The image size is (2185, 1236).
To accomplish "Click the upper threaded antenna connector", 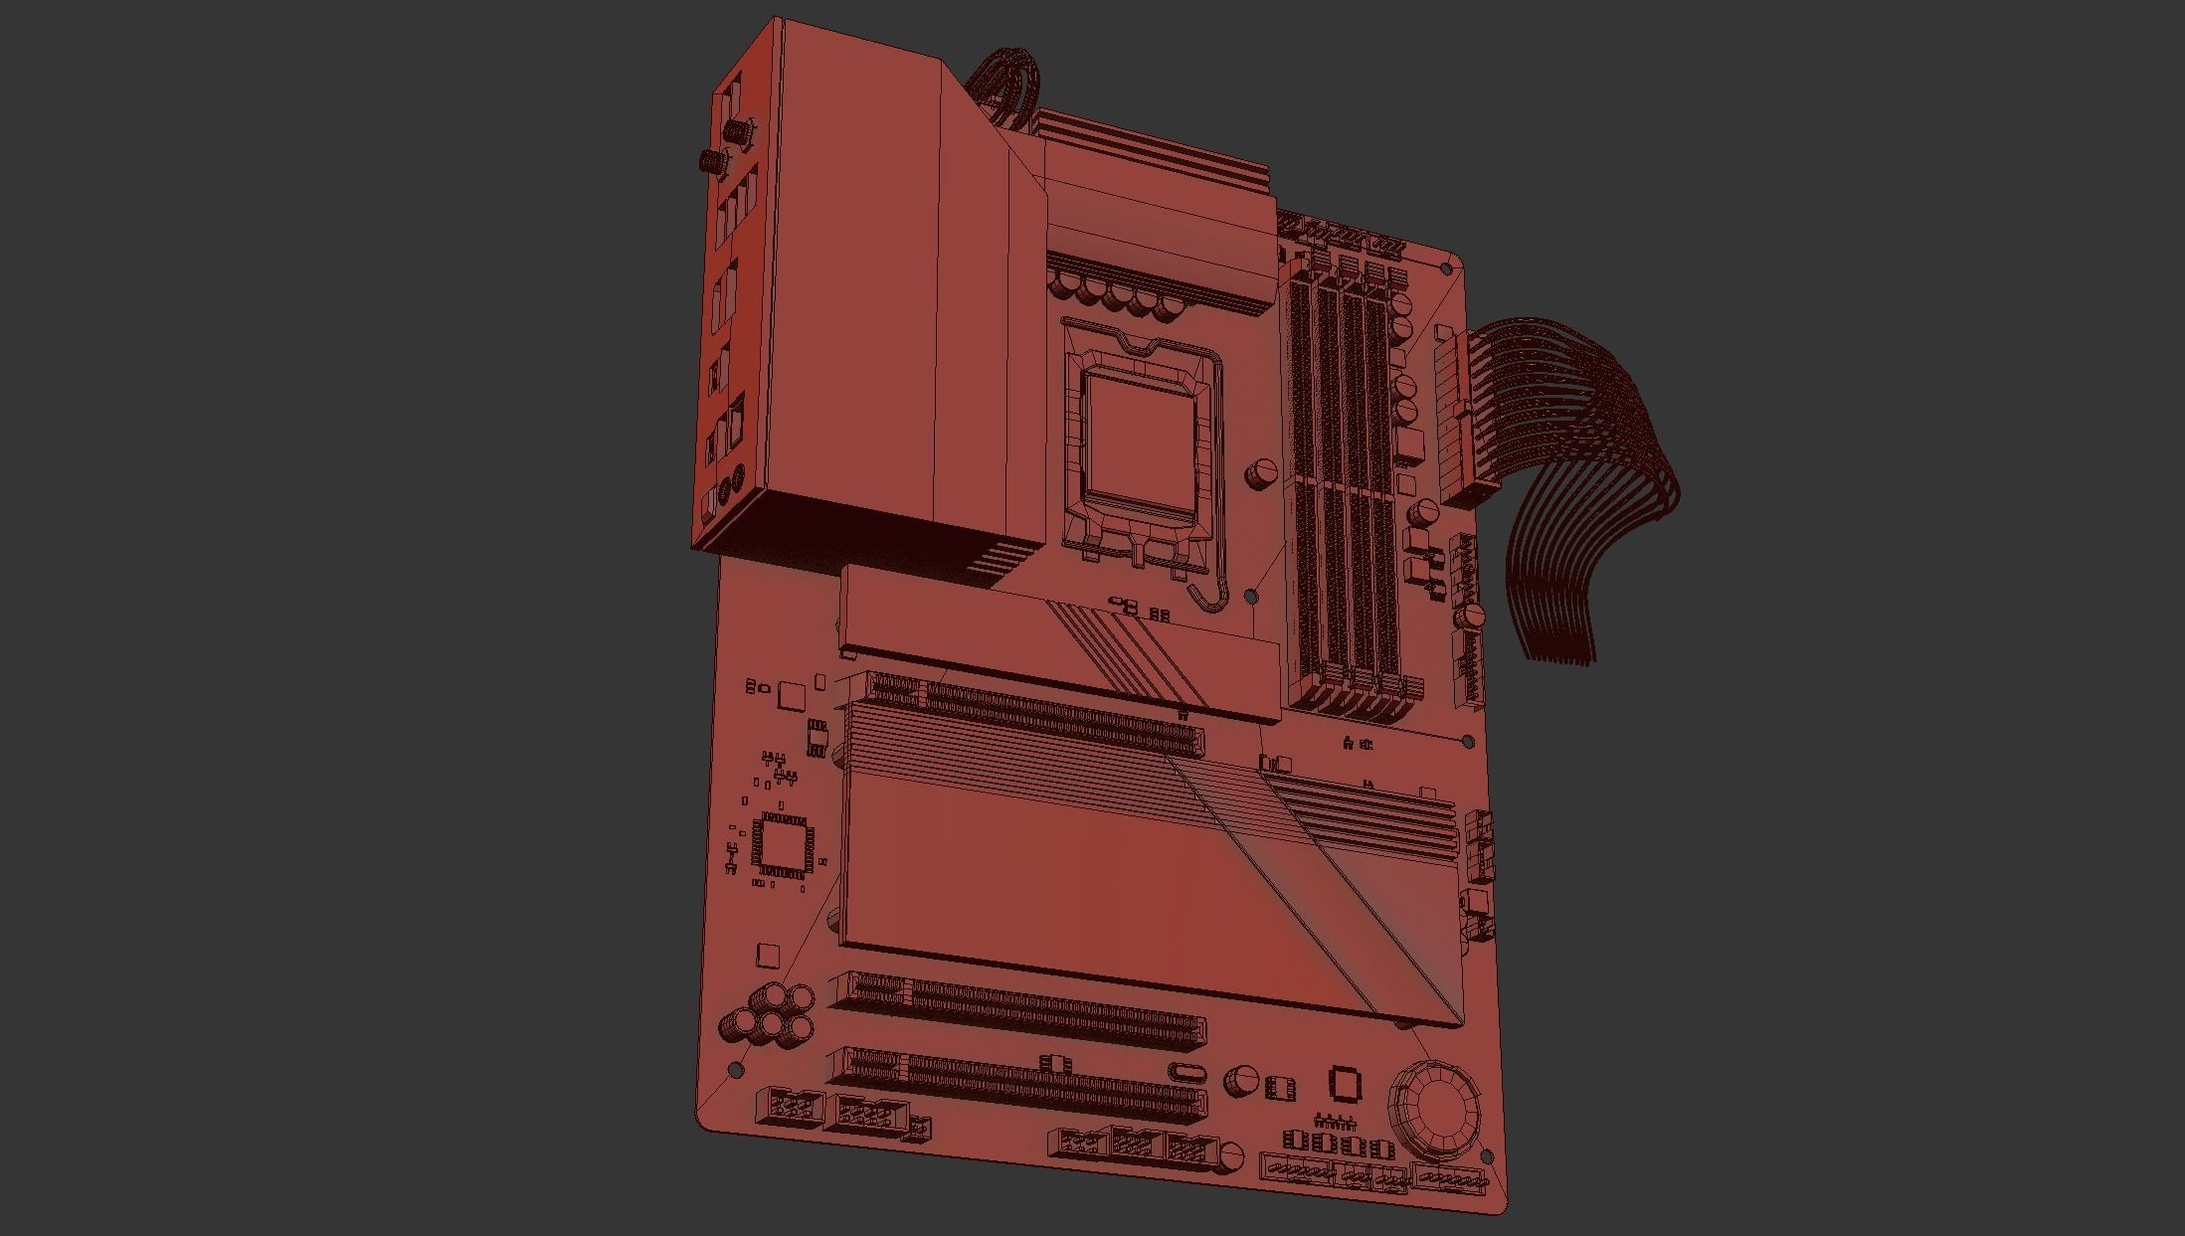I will (x=737, y=129).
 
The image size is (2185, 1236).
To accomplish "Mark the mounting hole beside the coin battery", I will (x=1488, y=1156).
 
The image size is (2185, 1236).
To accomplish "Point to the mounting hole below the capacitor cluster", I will (x=737, y=1069).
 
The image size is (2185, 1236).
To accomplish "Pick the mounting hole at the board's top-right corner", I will (x=1446, y=267).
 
